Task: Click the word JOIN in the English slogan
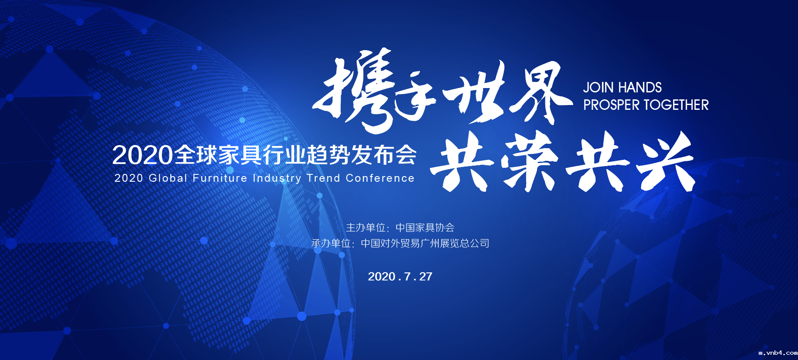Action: (598, 88)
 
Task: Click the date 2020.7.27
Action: (400, 277)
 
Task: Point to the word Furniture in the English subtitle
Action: (220, 178)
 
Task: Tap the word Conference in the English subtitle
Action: (380, 178)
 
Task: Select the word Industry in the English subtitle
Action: (277, 179)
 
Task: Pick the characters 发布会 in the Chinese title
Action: (384, 155)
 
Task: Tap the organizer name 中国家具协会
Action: (425, 228)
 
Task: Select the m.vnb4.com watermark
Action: (778, 353)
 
